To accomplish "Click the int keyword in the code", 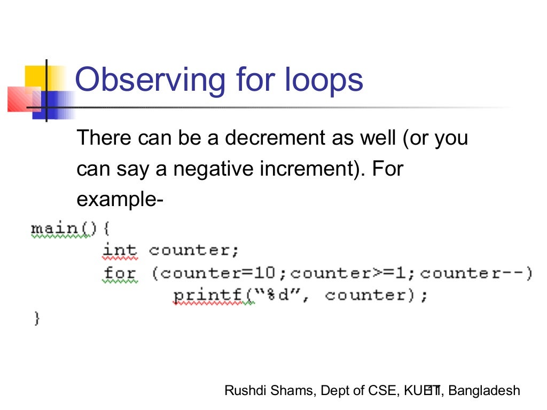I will (x=120, y=250).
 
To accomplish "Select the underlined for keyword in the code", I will (x=120, y=273).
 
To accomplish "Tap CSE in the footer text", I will (x=380, y=391).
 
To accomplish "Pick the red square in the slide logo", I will (x=19, y=99).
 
